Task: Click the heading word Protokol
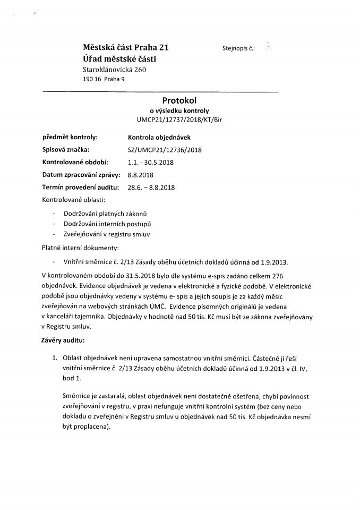180,101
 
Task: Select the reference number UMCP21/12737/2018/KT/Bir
180,120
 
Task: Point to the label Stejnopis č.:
239,48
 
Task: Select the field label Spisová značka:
66,150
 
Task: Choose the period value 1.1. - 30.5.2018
151,162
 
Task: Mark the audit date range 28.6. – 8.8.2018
151,188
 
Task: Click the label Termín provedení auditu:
79,188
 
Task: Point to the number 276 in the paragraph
279,276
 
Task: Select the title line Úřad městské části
119,58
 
